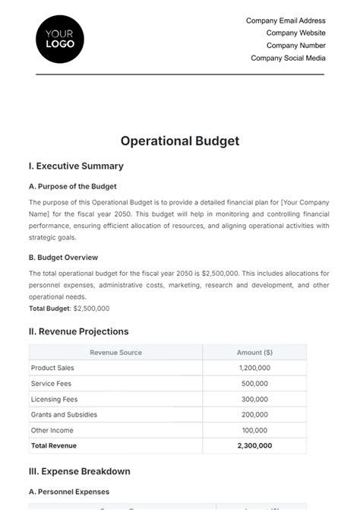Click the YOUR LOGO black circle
pyautogui.click(x=60, y=39)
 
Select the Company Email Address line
pyautogui.click(x=286, y=21)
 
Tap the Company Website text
pyautogui.click(x=295, y=33)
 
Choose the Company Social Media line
pyautogui.click(x=288, y=58)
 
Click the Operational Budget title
pyautogui.click(x=180, y=141)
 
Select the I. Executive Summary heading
pyautogui.click(x=75, y=166)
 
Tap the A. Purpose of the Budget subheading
pyautogui.click(x=72, y=186)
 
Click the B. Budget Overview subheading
pyautogui.click(x=63, y=258)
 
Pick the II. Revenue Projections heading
pyautogui.click(x=78, y=331)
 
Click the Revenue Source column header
pyautogui.click(x=115, y=353)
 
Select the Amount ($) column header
pyautogui.click(x=254, y=353)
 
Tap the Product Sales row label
pyautogui.click(x=52, y=368)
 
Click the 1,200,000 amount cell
pyautogui.click(x=254, y=368)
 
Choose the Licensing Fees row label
pyautogui.click(x=54, y=399)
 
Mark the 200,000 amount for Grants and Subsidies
pyautogui.click(x=254, y=415)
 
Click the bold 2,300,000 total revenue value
pyautogui.click(x=254, y=446)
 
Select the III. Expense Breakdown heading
pyautogui.click(x=79, y=471)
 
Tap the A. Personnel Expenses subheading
pyautogui.click(x=69, y=492)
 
